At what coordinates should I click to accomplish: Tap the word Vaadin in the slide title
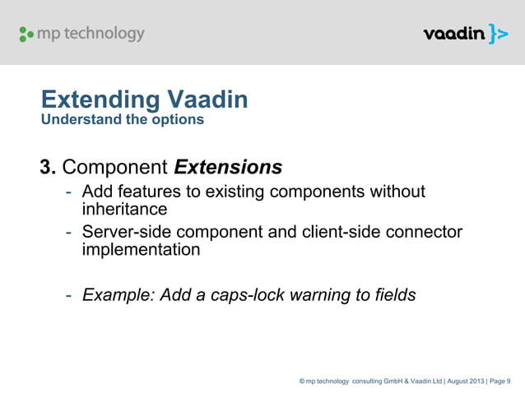coord(207,101)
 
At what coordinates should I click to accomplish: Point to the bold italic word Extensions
coord(228,168)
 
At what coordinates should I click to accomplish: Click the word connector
coord(426,233)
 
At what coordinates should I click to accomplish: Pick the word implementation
coord(141,249)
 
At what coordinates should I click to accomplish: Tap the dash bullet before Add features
coord(70,192)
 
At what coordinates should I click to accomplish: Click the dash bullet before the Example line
coord(70,295)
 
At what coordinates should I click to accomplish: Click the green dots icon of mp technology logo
coord(26,35)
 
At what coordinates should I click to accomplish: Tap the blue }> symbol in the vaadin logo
coord(498,34)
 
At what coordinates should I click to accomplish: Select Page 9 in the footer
coord(499,381)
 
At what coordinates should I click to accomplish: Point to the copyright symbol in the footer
coord(302,381)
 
